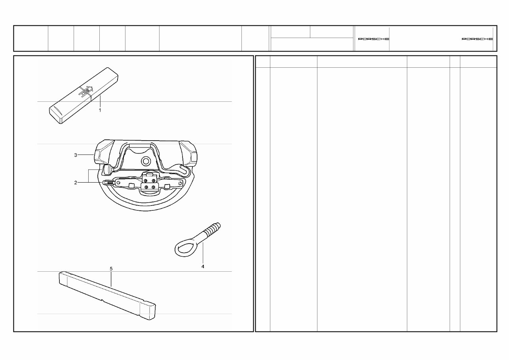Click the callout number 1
pyautogui.click(x=100, y=110)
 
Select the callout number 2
pyautogui.click(x=75, y=183)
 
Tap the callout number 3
pyautogui.click(x=75, y=155)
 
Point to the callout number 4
pyautogui.click(x=203, y=267)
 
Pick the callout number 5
pyautogui.click(x=111, y=269)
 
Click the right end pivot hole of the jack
pyautogui.click(x=180, y=183)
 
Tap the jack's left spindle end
pyautogui.click(x=107, y=183)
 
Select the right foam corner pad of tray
pyautogui.click(x=190, y=154)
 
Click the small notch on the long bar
pyautogui.click(x=103, y=301)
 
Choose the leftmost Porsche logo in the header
pyautogui.click(x=373, y=39)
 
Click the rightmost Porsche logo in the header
pyautogui.click(x=477, y=39)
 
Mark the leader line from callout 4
pyautogui.click(x=203, y=253)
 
